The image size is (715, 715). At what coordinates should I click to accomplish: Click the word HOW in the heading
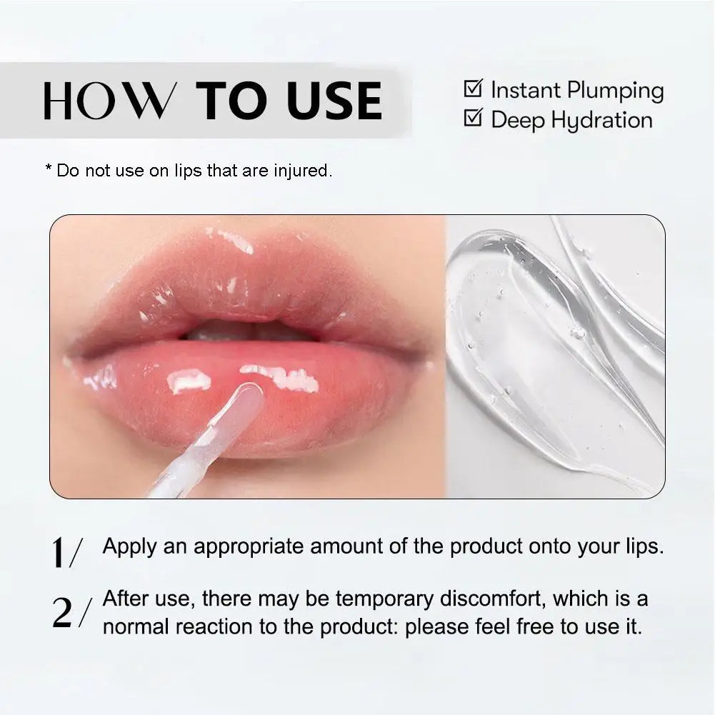tap(108, 101)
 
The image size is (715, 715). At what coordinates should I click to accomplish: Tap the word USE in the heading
tap(334, 101)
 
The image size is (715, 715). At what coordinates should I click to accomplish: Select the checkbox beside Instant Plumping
tap(473, 89)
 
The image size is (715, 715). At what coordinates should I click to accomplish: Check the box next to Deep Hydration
tap(473, 118)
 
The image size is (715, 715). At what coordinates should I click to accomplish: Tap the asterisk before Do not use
tap(49, 169)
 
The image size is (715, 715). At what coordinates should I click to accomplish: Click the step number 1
tap(61, 554)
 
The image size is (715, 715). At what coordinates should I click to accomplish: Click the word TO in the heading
tap(233, 101)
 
